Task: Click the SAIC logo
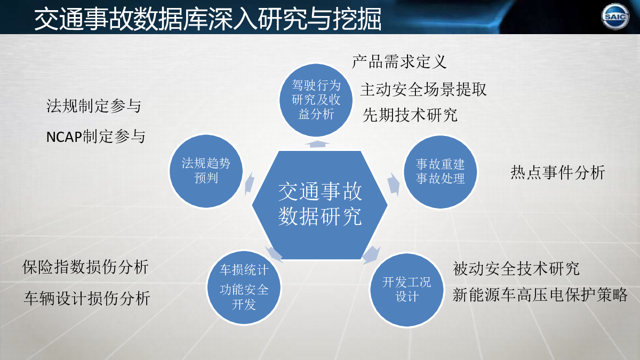click(615, 17)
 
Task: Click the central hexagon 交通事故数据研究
click(319, 205)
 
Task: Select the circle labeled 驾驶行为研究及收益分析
click(316, 100)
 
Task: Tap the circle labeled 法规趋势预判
click(206, 171)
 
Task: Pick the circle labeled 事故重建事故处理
click(440, 172)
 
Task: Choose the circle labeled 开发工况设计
click(406, 290)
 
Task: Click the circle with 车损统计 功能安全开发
click(244, 287)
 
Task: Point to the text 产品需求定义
click(399, 62)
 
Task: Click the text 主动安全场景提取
click(423, 90)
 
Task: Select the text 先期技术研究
click(410, 115)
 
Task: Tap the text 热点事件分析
click(558, 173)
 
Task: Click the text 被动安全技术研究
click(516, 269)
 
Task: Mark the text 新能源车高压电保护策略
click(540, 295)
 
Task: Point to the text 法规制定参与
click(94, 106)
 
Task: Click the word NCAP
click(64, 137)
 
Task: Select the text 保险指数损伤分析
click(85, 267)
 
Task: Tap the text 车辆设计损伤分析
click(87, 298)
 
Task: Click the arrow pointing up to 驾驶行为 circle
click(317, 144)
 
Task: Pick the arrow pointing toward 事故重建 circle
click(394, 185)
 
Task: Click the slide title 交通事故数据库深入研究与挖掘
click(207, 19)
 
